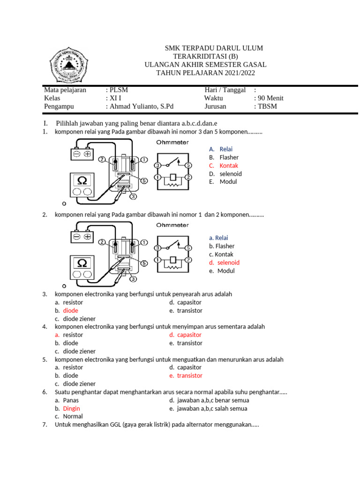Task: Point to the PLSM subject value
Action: tap(119, 90)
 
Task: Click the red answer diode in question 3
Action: tap(70, 310)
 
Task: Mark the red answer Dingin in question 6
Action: tap(71, 408)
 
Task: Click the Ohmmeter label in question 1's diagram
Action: tap(172, 142)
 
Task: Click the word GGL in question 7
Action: tap(118, 425)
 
